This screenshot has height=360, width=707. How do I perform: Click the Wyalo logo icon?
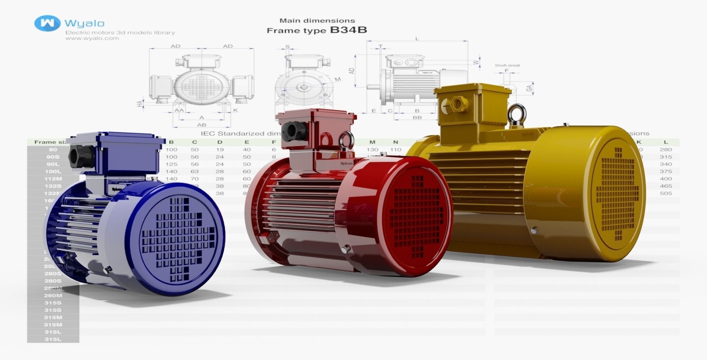coord(47,23)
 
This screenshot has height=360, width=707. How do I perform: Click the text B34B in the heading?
coord(348,30)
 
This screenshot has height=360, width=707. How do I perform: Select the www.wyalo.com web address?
coord(92,38)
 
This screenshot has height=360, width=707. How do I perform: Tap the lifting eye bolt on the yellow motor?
coord(517,113)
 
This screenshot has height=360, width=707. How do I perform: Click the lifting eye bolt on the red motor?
coord(347,140)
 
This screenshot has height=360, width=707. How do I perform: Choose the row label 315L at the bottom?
coord(53,339)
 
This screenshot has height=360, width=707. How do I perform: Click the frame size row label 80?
coord(53,150)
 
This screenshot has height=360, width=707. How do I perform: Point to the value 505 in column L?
coord(666,193)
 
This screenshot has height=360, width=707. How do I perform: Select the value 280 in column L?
coord(666,150)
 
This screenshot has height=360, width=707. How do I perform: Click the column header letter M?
coord(372,142)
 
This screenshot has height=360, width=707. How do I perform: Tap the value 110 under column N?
coord(395,150)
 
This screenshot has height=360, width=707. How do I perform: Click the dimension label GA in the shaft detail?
coord(529,88)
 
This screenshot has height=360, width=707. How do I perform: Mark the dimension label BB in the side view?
coord(417,117)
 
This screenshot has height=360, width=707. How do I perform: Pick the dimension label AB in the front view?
coord(201,125)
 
